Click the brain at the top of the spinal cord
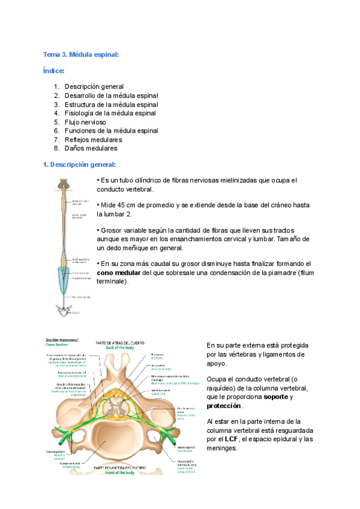click(62, 184)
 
